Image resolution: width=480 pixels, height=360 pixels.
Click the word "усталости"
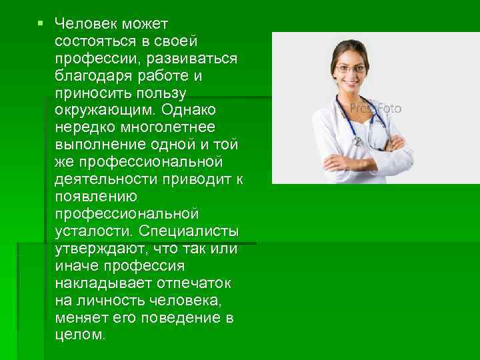[x=94, y=231]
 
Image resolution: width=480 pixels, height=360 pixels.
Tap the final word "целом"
[x=80, y=335]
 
